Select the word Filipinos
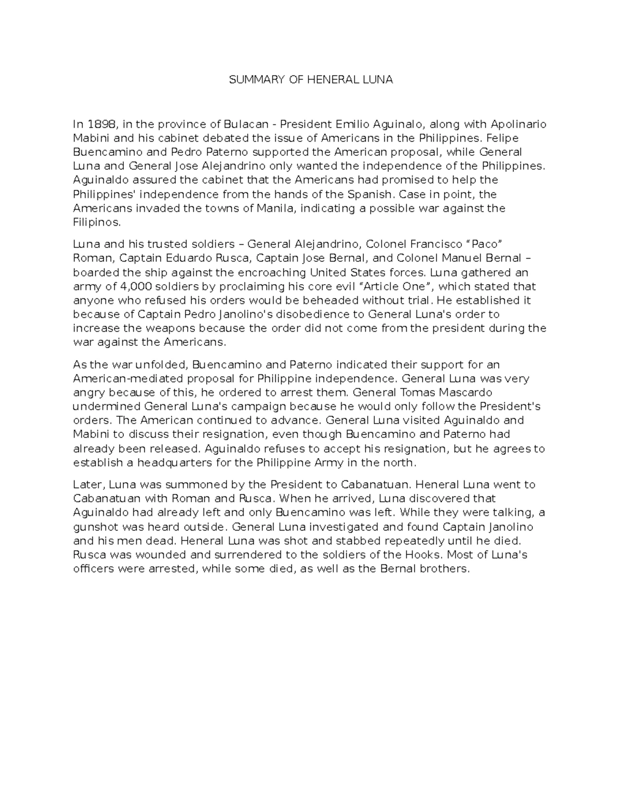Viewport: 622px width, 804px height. click(97, 222)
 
